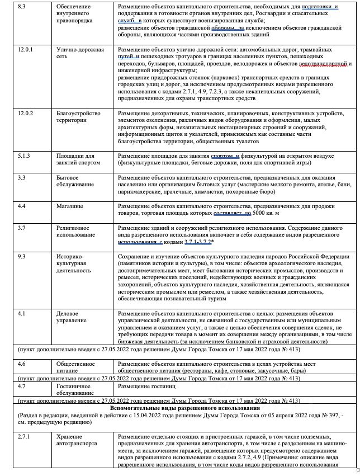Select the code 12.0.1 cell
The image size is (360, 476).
(26, 50)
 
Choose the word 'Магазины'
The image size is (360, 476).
(69, 206)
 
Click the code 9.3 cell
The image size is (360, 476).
(22, 256)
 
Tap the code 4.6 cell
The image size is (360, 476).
(22, 363)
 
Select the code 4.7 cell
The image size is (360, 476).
(22, 386)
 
